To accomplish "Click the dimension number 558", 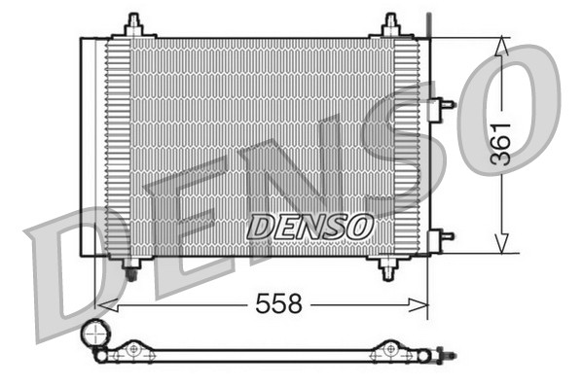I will [x=278, y=305].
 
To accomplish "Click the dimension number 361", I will [x=500, y=143].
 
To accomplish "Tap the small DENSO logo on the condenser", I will [x=309, y=227].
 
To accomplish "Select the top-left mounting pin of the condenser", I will [x=133, y=25].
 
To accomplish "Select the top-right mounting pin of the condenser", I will [x=391, y=25].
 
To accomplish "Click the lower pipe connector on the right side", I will [x=444, y=235].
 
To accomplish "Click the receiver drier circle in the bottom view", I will [x=95, y=335].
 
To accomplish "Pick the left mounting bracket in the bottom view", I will [x=133, y=350].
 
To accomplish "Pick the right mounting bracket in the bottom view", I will [x=390, y=350].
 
